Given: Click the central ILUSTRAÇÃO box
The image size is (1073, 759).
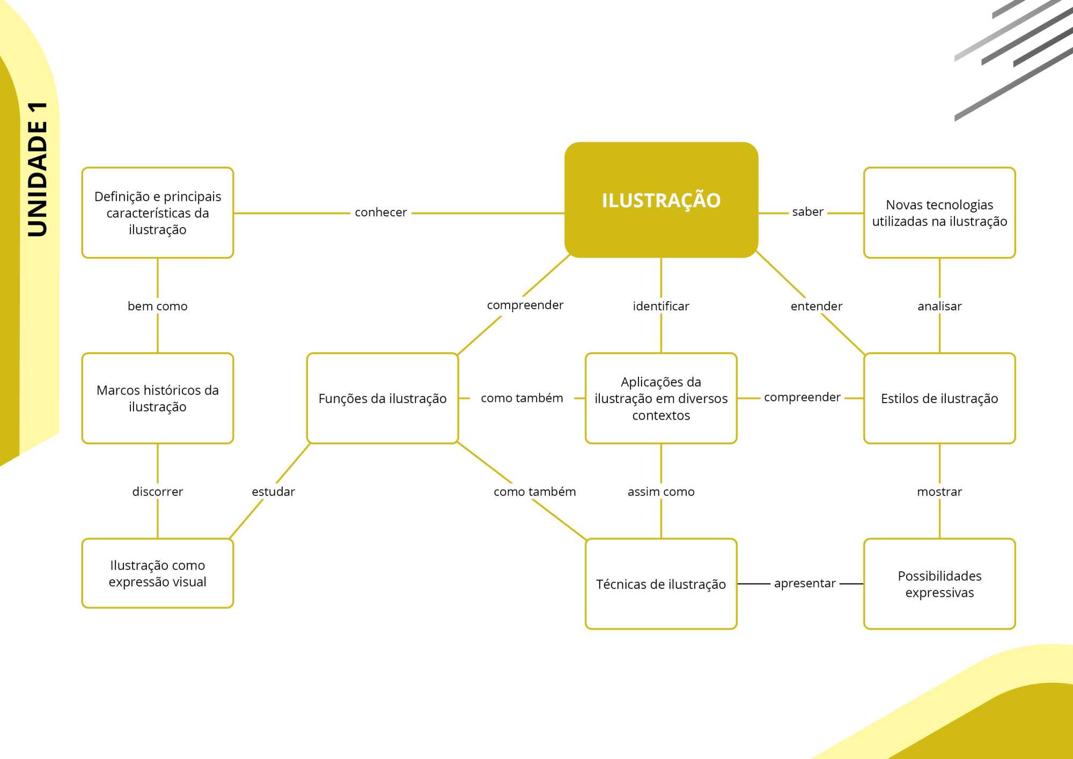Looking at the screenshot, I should pyautogui.click(x=661, y=200).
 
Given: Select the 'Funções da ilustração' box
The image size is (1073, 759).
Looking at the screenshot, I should pyautogui.click(x=382, y=398).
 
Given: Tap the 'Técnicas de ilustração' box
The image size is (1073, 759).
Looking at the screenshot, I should pyautogui.click(x=661, y=584).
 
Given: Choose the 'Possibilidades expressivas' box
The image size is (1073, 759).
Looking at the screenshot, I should pyautogui.click(x=939, y=584).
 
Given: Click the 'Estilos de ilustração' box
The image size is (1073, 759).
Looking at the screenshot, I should pyautogui.click(x=939, y=398).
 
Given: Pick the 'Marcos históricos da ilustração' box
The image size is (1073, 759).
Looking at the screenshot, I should pyautogui.click(x=157, y=398).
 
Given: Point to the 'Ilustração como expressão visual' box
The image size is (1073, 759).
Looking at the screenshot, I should pyautogui.click(x=157, y=573).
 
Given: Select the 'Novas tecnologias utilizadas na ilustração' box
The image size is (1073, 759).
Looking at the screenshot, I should pyautogui.click(x=939, y=213).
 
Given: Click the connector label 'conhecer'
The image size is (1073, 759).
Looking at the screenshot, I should pyautogui.click(x=380, y=213).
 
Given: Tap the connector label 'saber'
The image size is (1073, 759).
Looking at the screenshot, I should pyautogui.click(x=807, y=212).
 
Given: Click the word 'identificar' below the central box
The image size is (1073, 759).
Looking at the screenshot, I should pyautogui.click(x=661, y=306).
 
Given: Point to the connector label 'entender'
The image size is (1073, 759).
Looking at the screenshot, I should pyautogui.click(x=816, y=306).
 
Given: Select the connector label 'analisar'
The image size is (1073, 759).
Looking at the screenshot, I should pyautogui.click(x=939, y=306).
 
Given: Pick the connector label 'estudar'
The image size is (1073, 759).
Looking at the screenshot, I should pyautogui.click(x=273, y=492).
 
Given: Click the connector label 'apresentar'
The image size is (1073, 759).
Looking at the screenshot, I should pyautogui.click(x=805, y=583).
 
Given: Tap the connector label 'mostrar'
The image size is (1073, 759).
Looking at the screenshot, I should pyautogui.click(x=939, y=492).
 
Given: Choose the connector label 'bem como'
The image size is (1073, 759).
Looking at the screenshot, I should pyautogui.click(x=157, y=306).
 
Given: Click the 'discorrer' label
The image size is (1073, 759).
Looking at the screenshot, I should pyautogui.click(x=157, y=492).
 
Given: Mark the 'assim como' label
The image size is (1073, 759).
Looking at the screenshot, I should pyautogui.click(x=661, y=492).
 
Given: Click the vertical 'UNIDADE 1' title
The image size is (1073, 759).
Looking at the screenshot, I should pyautogui.click(x=38, y=169).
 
